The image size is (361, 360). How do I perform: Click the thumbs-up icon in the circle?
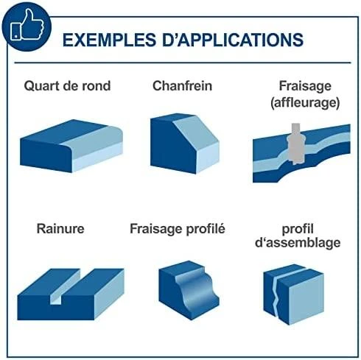[27, 25]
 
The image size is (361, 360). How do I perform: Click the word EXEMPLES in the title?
[109, 40]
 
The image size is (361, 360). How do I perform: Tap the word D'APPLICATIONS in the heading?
[233, 39]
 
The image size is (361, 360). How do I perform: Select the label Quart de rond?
[67, 86]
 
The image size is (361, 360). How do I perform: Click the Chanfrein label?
[182, 86]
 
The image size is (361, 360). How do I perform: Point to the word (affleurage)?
[305, 102]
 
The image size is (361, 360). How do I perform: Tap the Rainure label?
[60, 229]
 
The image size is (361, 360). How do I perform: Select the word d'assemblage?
[298, 243]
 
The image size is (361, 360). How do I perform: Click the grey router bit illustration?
[296, 144]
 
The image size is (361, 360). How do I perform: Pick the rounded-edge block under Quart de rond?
[71, 146]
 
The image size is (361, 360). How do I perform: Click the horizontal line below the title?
[183, 63]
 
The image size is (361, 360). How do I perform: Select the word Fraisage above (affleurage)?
[305, 86]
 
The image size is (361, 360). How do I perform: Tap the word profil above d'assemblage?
[298, 229]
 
